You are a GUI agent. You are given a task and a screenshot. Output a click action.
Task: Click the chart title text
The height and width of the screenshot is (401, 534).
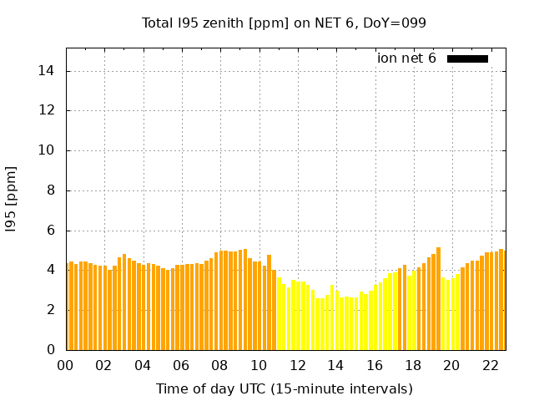[x=284, y=23]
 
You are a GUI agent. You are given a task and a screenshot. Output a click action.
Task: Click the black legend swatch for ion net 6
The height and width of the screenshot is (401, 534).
[x=467, y=58]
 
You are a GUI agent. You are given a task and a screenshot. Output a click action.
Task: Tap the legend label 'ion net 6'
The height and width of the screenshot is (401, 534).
[x=406, y=58]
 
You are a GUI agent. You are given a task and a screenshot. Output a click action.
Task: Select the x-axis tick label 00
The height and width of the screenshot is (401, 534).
[x=66, y=366]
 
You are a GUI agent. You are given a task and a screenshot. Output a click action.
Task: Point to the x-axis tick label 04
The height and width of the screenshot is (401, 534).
[x=143, y=366]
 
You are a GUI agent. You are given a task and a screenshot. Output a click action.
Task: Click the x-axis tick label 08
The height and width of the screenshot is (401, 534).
[x=219, y=366]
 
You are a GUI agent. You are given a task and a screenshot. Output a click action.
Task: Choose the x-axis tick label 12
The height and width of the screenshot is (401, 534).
[x=297, y=366]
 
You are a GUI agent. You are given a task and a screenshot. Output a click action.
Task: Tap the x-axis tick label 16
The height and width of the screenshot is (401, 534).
[x=374, y=366]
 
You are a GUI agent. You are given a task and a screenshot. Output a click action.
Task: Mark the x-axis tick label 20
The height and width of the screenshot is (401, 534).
[x=451, y=366]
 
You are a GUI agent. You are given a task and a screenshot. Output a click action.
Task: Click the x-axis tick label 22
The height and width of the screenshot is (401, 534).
[x=490, y=366]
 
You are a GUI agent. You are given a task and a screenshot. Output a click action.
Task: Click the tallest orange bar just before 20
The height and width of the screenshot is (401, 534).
[x=438, y=298]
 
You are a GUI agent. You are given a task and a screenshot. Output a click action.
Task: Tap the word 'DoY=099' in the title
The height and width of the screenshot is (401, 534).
[x=397, y=23]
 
